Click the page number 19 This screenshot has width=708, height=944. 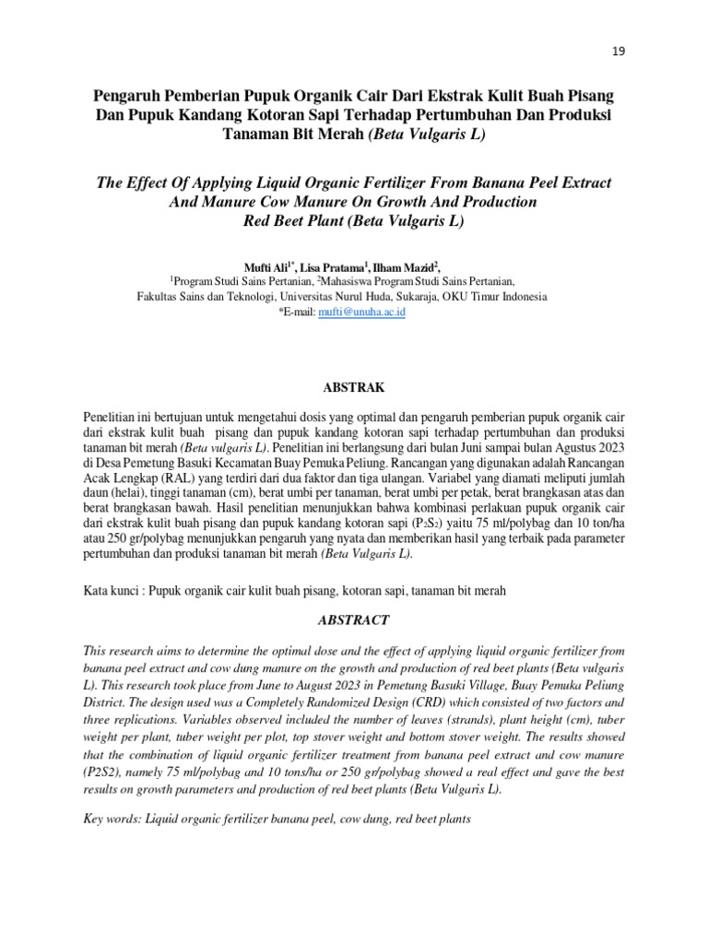point(619,52)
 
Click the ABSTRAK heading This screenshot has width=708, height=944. point(353,387)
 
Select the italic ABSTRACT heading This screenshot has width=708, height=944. point(353,620)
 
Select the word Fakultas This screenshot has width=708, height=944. point(159,298)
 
